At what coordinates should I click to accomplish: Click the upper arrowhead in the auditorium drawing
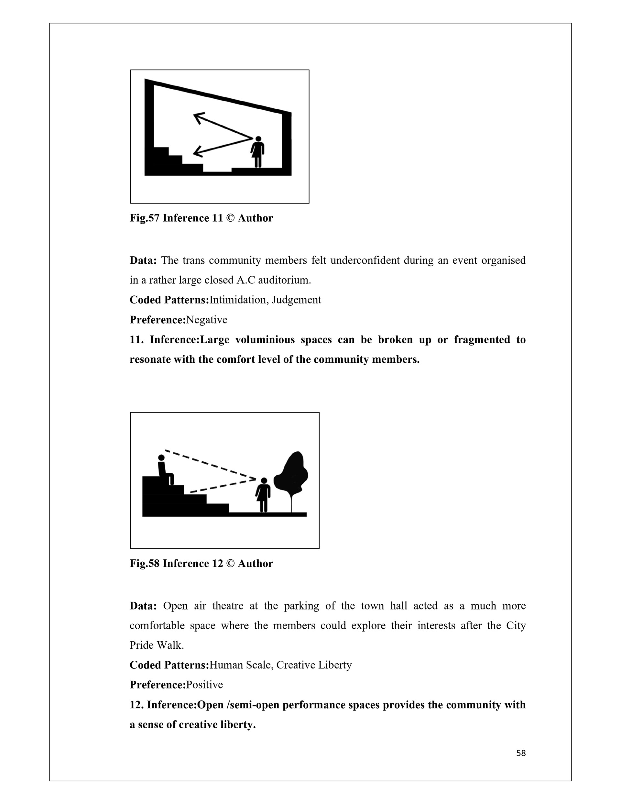(198, 117)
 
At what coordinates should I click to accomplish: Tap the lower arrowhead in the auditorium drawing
(197, 151)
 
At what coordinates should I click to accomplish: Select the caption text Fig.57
(145, 218)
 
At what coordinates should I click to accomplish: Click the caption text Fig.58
(145, 564)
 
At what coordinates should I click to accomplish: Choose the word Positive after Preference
(205, 685)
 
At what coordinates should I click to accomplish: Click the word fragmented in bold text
(482, 340)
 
